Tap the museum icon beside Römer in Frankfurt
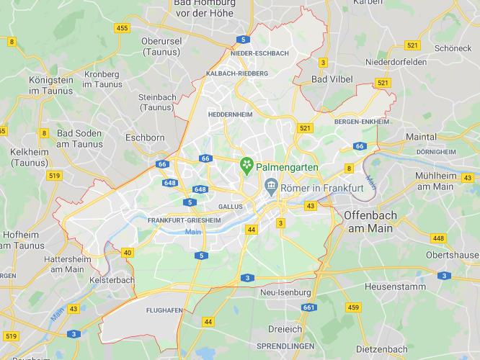pos(270,186)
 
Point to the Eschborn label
pos(146,137)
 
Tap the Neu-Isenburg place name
pos(285,293)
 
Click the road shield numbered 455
pos(123,28)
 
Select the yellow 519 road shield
pos(53,175)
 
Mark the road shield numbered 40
pos(127,252)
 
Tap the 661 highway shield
pos(309,308)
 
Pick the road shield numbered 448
pos(438,238)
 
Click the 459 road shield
pos(353,308)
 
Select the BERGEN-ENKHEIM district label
pos(362,122)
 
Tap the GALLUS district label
pos(230,206)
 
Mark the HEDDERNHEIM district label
pos(228,114)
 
